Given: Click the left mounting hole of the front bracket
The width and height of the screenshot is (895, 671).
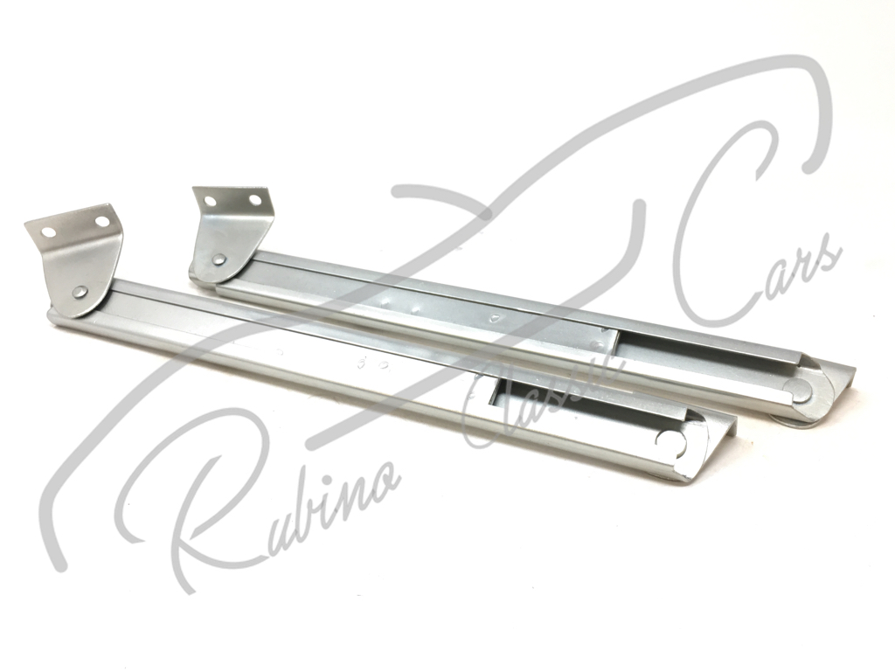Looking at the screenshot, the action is click(x=49, y=232).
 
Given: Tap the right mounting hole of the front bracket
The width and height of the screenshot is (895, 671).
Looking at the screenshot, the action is click(x=101, y=220).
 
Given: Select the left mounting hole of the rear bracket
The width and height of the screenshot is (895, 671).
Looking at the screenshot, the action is click(x=210, y=202).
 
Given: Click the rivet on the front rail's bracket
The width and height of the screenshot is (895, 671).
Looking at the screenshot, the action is click(x=77, y=292).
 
